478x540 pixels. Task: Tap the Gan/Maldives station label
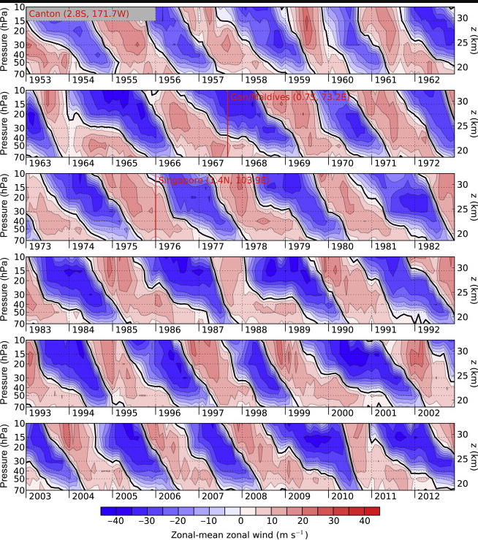pos(292,97)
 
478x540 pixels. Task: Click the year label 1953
pos(40,80)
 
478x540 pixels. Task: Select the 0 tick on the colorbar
pos(240,520)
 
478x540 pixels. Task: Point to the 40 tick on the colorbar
pos(365,520)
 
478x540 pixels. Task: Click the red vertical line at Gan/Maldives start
pos(228,124)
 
